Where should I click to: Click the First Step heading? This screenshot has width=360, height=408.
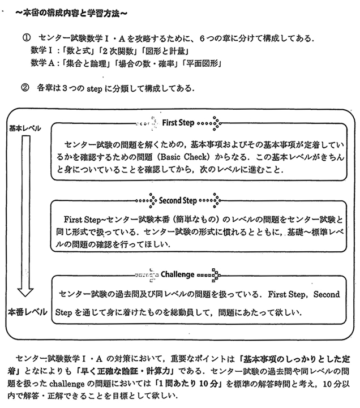(x=178, y=122)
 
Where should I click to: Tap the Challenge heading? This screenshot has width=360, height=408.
(x=178, y=274)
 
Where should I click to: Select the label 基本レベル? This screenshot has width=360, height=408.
(x=25, y=128)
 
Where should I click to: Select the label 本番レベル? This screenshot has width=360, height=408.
(x=26, y=312)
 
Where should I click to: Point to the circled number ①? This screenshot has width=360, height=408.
(x=26, y=38)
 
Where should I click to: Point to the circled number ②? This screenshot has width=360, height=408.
(x=26, y=88)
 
